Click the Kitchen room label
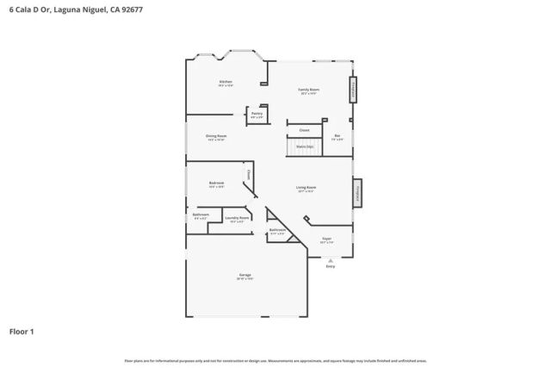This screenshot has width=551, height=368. click(x=226, y=83)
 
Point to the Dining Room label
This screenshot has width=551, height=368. click(x=216, y=137)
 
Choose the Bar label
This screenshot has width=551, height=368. click(x=337, y=136)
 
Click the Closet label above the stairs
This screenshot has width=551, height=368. click(x=304, y=130)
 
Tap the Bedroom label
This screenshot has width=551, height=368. click(x=216, y=184)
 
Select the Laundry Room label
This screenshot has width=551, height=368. click(x=237, y=219)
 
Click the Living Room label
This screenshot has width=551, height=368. click(x=306, y=188)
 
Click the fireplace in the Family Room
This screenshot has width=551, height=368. click(x=352, y=90)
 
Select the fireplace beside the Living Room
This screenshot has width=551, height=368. click(x=356, y=193)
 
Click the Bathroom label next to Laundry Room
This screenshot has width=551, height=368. click(x=201, y=215)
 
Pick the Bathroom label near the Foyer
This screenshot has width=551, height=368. click(x=277, y=231)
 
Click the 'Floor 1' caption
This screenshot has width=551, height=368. click(x=22, y=331)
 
